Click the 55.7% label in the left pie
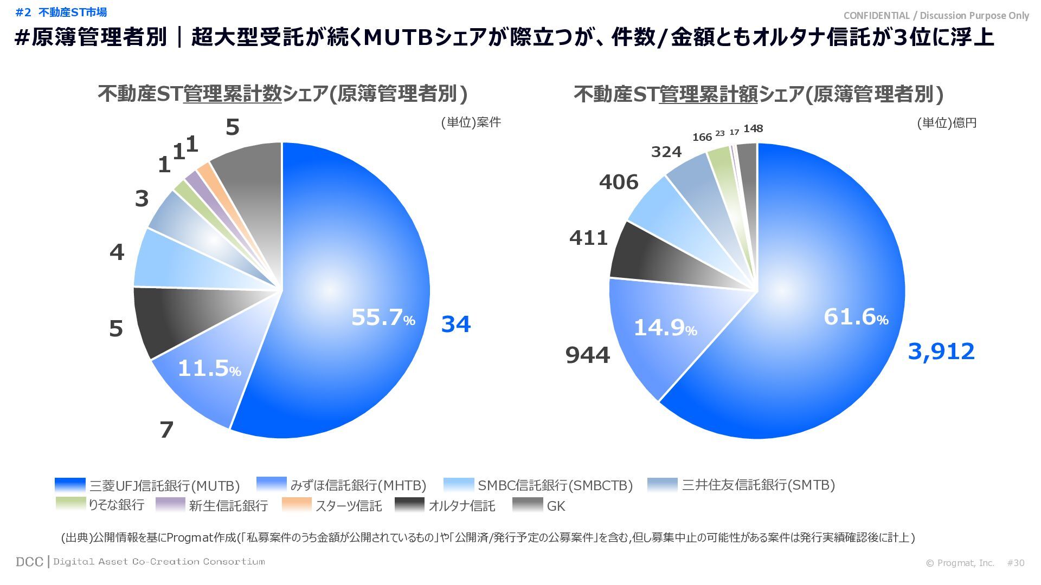(383, 317)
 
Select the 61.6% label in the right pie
(856, 317)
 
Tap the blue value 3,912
(941, 352)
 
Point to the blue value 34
(455, 324)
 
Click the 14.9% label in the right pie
(665, 328)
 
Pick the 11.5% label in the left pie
(209, 369)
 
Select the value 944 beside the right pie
(587, 355)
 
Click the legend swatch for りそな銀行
(70, 504)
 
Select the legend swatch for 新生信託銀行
(170, 504)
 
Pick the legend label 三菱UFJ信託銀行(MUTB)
(164, 485)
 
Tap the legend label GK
(556, 506)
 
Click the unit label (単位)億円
(947, 123)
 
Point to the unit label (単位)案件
(471, 122)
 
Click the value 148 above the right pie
(753, 129)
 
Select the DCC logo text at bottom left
(29, 562)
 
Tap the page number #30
(1016, 563)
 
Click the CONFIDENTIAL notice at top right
(936, 15)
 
